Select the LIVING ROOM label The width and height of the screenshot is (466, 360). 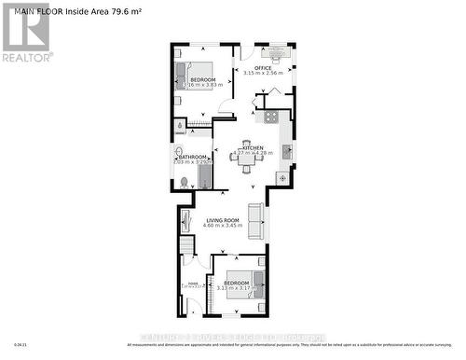(224, 219)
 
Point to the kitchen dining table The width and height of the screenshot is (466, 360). (246, 159)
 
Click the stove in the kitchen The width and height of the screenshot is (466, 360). (270, 118)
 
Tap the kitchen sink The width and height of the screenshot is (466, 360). (286, 150)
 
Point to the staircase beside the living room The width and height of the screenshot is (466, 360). (188, 246)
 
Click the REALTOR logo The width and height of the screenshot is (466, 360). (26, 32)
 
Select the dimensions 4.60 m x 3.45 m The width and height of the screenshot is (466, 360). (224, 226)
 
